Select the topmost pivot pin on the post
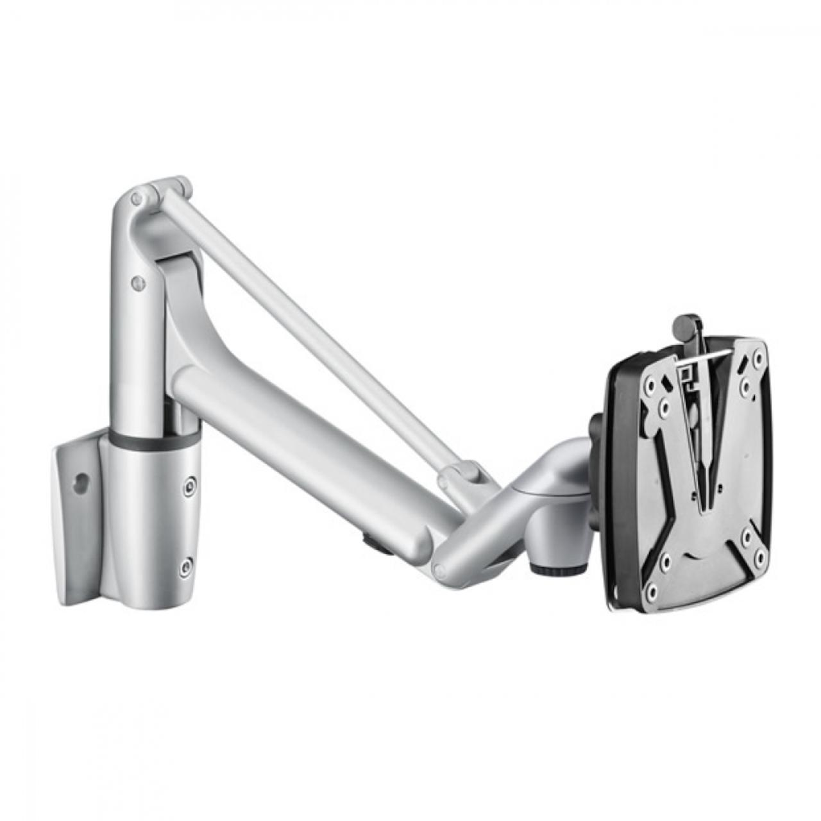point(137,198)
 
